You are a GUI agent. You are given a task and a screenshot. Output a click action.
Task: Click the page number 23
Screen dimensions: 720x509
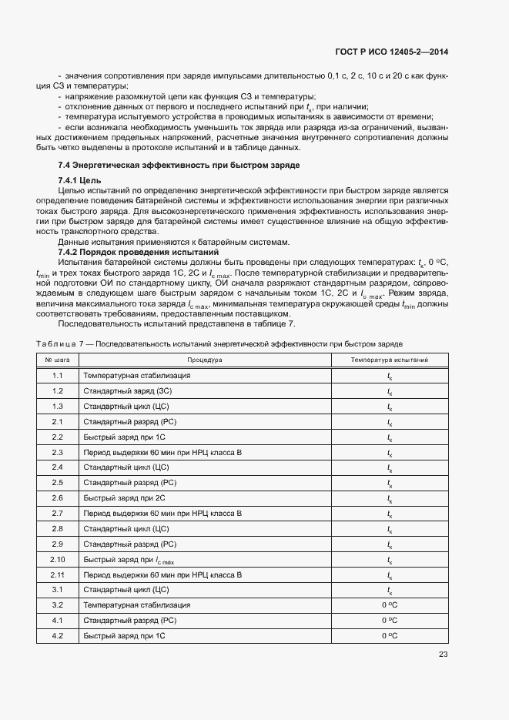(443, 655)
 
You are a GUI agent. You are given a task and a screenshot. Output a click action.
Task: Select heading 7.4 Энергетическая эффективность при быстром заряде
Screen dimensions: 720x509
(179, 166)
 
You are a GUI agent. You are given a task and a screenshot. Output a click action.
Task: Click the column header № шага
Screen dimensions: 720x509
(57, 360)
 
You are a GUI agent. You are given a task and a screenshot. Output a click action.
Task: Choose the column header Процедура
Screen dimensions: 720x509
(204, 360)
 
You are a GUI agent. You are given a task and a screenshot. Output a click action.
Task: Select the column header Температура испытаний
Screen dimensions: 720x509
(390, 360)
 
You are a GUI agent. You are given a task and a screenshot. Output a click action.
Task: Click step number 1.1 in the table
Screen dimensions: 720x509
(57, 376)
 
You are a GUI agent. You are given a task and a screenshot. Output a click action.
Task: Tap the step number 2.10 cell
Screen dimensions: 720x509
(57, 560)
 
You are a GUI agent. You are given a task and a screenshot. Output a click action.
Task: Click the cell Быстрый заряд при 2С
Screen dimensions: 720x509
(119, 498)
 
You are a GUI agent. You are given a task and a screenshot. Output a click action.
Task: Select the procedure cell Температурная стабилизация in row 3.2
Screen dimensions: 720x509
(136, 605)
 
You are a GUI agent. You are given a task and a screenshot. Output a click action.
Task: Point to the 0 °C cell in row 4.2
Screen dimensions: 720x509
(390, 636)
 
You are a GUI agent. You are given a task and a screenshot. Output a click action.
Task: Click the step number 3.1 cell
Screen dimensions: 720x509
(57, 590)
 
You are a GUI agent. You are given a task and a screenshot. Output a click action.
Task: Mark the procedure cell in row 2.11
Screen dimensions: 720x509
(162, 575)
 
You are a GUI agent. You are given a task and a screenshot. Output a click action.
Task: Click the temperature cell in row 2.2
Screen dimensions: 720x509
(390, 437)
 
